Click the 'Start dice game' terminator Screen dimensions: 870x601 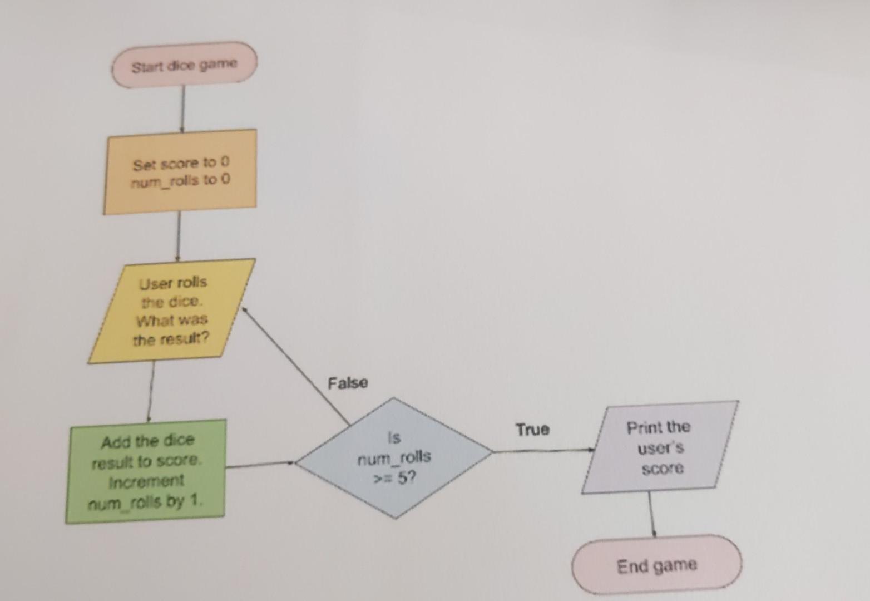pos(184,65)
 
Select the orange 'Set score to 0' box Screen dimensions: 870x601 pos(180,172)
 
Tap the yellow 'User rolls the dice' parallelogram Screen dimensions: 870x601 pos(172,311)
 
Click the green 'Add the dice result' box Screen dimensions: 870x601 pos(146,471)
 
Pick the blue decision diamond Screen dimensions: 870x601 pos(394,457)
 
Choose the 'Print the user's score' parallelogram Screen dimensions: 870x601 pos(660,447)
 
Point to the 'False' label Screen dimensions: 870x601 pos(348,383)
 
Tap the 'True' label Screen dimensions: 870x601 pos(532,430)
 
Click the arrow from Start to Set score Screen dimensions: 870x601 pos(182,109)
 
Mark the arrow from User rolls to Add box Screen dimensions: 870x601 pos(151,391)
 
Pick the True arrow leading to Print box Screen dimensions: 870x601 pos(542,451)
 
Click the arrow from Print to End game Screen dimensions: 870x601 pos(651,514)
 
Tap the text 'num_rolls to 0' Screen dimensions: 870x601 pos(180,181)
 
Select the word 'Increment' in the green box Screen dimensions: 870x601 pos(146,481)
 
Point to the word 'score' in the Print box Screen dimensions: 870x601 pos(662,469)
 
